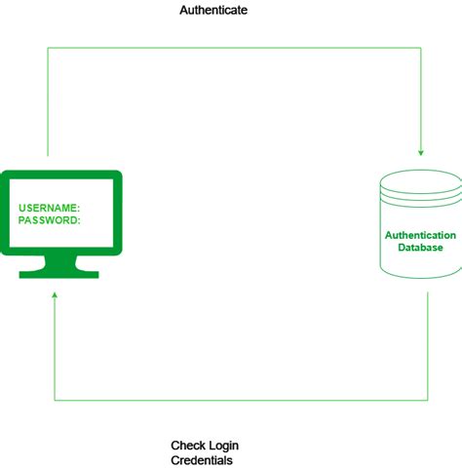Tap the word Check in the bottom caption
[188, 445]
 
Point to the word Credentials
[202, 460]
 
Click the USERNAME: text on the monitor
[50, 208]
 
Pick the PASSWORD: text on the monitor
[50, 220]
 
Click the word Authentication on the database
[420, 235]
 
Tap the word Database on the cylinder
[420, 248]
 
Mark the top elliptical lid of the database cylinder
[420, 181]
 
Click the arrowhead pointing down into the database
[421, 151]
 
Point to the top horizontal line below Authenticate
[234, 48]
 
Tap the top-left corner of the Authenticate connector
[48, 48]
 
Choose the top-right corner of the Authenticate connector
[421, 48]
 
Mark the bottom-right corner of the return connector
[428, 400]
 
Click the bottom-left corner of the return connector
[55, 400]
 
